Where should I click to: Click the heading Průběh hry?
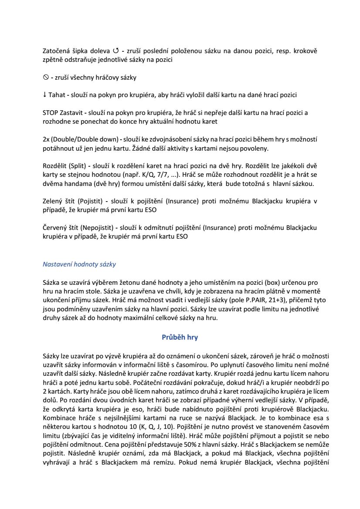tap(180, 337)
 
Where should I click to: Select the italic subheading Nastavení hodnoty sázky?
tap(79, 264)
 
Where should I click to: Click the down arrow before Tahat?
tap(44, 95)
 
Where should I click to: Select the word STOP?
tap(51, 112)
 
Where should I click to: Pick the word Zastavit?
tap(71, 112)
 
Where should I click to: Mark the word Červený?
tap(54, 228)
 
